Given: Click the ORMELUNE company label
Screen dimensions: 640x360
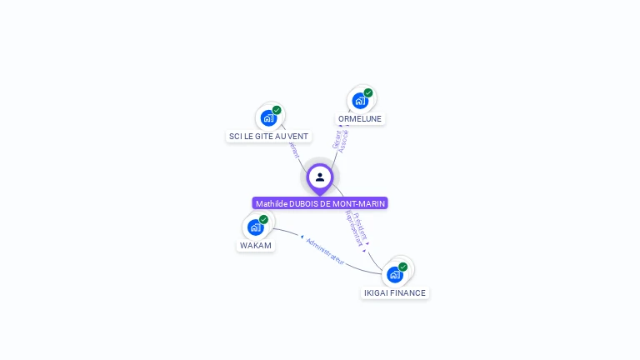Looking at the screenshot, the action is (x=360, y=119).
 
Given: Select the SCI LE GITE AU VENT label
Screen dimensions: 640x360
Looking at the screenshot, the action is (x=268, y=136).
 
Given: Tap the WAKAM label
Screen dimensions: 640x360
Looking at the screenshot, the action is (x=256, y=245).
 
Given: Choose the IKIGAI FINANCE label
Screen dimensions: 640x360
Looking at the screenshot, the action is (x=395, y=292).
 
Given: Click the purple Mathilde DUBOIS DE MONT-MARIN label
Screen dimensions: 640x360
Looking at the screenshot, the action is (x=320, y=203).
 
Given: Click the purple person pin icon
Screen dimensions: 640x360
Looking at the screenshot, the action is (x=320, y=177).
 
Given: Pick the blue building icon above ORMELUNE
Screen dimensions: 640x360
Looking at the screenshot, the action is (x=359, y=101).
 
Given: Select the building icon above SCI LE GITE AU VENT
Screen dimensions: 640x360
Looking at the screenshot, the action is (x=267, y=117).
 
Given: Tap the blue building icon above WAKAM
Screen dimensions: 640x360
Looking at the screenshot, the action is (x=255, y=227).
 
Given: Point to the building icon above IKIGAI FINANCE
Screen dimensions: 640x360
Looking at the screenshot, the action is (x=394, y=274).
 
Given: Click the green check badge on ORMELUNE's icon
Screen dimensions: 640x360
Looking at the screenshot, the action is (x=368, y=92).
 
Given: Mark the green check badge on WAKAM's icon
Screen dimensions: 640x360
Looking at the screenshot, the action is (x=264, y=219).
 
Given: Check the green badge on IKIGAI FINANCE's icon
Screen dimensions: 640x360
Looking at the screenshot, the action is (x=403, y=267).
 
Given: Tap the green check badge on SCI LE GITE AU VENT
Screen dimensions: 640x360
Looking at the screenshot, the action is (x=277, y=110).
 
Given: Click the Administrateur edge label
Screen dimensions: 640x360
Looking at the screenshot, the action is (x=324, y=251).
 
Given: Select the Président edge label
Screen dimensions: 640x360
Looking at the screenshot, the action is (x=361, y=225).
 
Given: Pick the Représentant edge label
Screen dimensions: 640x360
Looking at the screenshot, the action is (x=353, y=229).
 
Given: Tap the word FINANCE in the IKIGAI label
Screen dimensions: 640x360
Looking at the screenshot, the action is (x=408, y=292).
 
